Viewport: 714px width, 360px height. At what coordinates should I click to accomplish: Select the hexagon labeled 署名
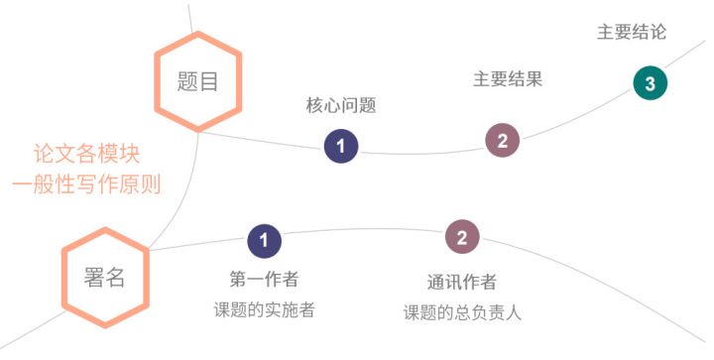coord(104,277)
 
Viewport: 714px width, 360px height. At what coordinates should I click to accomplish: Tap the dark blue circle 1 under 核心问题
coord(341,147)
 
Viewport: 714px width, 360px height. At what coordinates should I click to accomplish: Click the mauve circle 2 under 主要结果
coord(503,141)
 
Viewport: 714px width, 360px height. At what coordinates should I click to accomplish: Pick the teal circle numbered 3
coord(651,83)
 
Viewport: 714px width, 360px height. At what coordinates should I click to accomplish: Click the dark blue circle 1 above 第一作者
coord(265,239)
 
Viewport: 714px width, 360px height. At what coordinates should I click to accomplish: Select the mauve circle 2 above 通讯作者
coord(462,236)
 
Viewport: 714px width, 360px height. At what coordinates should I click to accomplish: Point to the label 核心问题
coord(341,106)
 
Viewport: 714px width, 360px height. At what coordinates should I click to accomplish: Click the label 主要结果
coord(508,78)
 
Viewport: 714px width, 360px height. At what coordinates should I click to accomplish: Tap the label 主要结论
coord(632,32)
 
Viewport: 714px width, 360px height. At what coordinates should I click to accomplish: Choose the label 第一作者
coord(264,279)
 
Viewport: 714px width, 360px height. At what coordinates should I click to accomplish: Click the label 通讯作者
coord(462,282)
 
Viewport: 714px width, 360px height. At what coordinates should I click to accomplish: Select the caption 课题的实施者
coord(264,309)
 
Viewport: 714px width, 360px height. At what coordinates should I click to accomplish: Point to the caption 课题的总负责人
coord(462,312)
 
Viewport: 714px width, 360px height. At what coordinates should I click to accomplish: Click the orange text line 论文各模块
coord(86,155)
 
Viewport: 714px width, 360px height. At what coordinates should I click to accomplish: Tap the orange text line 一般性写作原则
coord(86,183)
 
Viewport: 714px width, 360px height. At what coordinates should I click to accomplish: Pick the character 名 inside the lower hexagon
coord(115,277)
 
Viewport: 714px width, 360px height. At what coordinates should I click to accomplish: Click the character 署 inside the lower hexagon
coord(93,277)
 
